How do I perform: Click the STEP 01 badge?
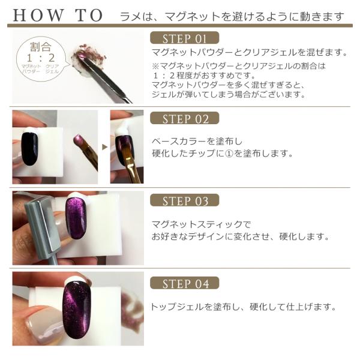tap(184, 38)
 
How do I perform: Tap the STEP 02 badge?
tap(184, 118)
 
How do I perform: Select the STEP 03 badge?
tap(184, 200)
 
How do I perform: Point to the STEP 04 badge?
tap(184, 283)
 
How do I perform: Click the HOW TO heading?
tap(58, 16)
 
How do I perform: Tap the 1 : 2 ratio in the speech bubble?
tap(41, 58)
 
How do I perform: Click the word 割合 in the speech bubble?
tap(40, 47)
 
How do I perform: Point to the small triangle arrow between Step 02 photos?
tap(104, 147)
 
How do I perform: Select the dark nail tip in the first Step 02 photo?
tap(30, 149)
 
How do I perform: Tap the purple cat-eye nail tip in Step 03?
tap(76, 218)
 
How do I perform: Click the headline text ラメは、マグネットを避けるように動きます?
tap(232, 17)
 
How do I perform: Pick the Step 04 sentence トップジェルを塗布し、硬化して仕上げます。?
tap(243, 307)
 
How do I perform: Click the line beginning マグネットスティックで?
tap(202, 224)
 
